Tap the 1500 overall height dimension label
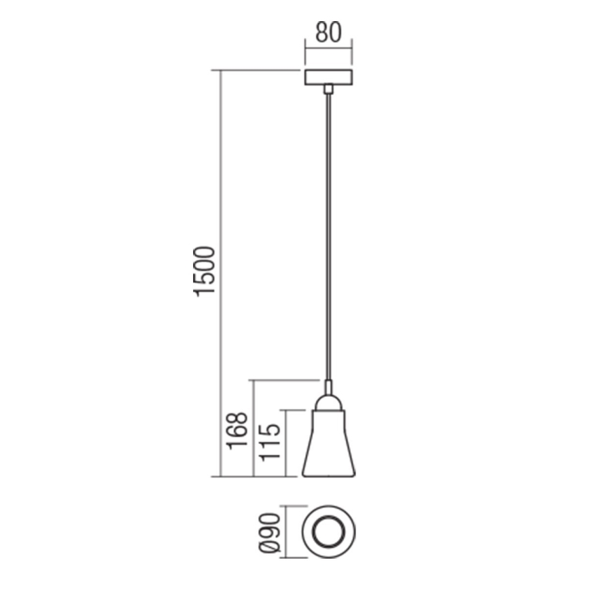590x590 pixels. tap(205, 271)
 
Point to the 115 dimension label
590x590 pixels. tap(271, 442)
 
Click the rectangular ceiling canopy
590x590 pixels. tap(328, 77)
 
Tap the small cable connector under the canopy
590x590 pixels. tap(328, 89)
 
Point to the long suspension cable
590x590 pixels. tap(329, 238)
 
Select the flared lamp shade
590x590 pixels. tap(329, 445)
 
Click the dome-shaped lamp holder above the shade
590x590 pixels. tap(329, 402)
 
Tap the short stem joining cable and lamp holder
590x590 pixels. tap(329, 387)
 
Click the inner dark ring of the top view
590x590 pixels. tap(329, 531)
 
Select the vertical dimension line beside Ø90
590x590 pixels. tap(286, 532)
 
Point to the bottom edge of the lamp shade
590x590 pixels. tap(329, 476)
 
